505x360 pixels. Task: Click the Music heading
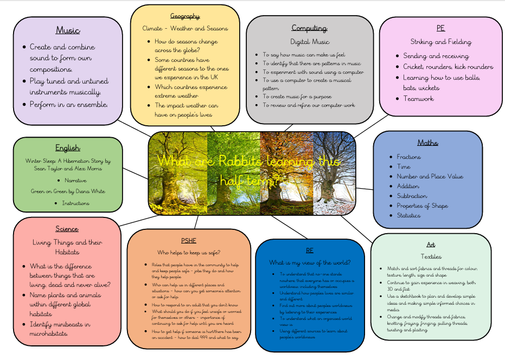tap(68, 30)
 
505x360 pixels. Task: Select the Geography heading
tap(185, 16)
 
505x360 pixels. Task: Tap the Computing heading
tap(309, 28)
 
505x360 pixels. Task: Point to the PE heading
tap(440, 28)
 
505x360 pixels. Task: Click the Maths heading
tap(427, 143)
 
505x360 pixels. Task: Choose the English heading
tap(68, 147)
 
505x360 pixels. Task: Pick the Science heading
tap(67, 229)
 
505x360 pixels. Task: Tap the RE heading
tap(309, 250)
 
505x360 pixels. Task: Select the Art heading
tap(431, 245)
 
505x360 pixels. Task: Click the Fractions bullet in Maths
tap(408, 157)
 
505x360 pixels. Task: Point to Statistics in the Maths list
tap(408, 215)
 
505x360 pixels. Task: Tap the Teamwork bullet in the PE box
tap(418, 99)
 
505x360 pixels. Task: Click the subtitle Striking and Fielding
tap(440, 42)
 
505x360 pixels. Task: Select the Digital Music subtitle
tap(309, 42)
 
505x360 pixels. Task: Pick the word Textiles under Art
tap(431, 256)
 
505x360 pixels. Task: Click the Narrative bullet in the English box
tap(75, 180)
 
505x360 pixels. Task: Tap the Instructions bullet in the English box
tap(75, 203)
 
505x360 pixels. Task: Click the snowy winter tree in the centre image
tap(333, 173)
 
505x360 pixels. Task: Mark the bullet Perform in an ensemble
tap(68, 104)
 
